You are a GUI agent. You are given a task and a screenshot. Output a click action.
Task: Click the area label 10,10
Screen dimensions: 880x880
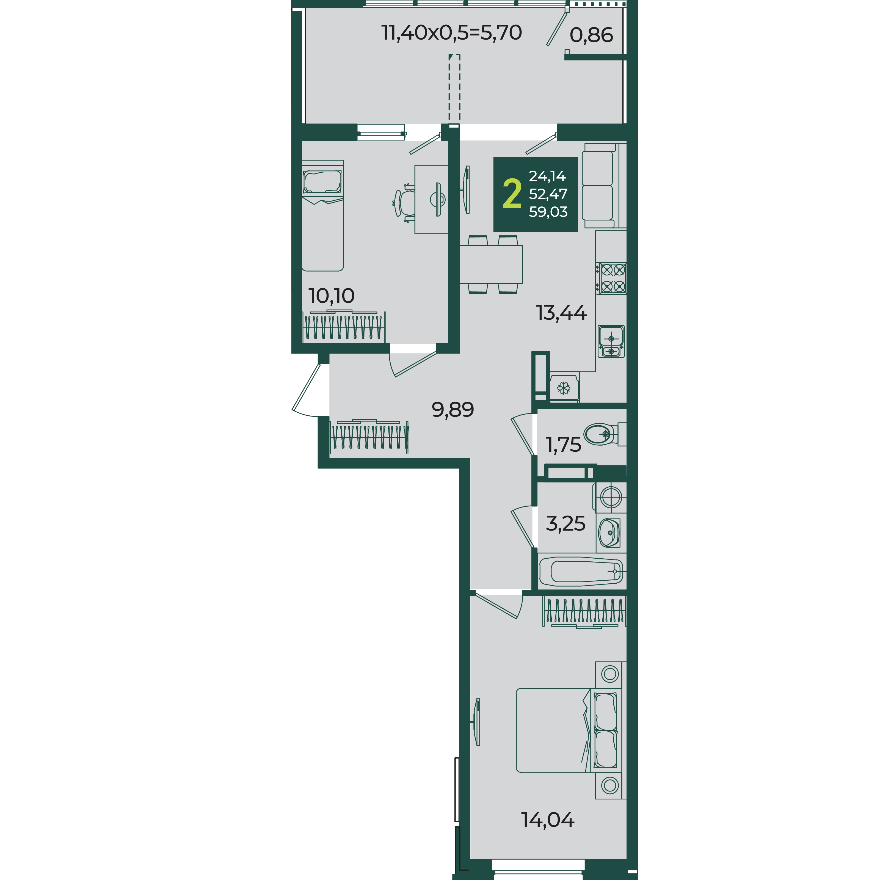click(331, 296)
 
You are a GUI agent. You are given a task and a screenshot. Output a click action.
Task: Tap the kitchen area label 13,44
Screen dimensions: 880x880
click(561, 313)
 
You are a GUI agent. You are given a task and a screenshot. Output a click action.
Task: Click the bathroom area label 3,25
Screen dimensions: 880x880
click(565, 524)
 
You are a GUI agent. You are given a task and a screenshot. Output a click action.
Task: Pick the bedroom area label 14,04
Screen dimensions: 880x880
click(548, 820)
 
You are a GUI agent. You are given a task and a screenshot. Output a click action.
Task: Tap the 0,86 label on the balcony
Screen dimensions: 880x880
click(591, 35)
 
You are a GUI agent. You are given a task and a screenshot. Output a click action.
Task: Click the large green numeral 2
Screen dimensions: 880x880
click(512, 194)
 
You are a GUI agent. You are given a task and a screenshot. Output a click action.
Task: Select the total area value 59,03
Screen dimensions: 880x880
click(548, 212)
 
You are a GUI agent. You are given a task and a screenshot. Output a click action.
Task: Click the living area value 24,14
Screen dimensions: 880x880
click(547, 176)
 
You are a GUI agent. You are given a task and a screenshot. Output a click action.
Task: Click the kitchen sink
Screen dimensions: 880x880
click(611, 341)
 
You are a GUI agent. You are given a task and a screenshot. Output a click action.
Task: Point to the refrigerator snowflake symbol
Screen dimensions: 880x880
click(564, 388)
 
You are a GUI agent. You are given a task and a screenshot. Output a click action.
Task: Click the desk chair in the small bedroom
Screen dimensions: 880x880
click(404, 203)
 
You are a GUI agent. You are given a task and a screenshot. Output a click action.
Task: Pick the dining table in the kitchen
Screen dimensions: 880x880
click(491, 264)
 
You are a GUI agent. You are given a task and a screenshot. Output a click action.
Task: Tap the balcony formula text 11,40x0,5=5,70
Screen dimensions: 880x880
click(451, 33)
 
